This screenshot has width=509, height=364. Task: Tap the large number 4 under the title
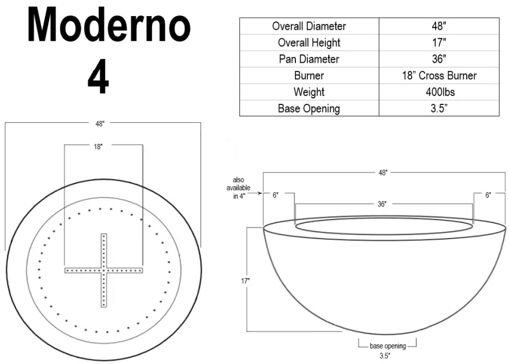tap(98, 78)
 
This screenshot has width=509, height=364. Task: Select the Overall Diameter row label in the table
tap(309, 26)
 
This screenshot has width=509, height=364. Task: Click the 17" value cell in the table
tap(439, 42)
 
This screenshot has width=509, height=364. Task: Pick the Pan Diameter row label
tap(309, 59)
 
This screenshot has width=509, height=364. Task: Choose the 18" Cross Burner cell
tap(439, 76)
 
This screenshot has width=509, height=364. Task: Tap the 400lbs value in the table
tap(439, 92)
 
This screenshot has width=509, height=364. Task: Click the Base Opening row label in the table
tap(309, 109)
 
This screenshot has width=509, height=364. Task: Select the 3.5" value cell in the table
tap(439, 109)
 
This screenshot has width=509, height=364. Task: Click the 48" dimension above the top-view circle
tap(100, 124)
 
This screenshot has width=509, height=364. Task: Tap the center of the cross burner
tap(104, 270)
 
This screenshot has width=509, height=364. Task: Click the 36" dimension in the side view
tap(381, 204)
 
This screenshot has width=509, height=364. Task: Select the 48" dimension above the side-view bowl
tap(382, 172)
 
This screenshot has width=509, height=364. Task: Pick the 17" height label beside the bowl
tap(246, 280)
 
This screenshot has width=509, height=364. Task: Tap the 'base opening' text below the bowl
tap(387, 346)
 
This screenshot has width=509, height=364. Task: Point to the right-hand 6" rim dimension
tap(488, 195)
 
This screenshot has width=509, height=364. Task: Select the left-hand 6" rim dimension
tap(275, 195)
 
